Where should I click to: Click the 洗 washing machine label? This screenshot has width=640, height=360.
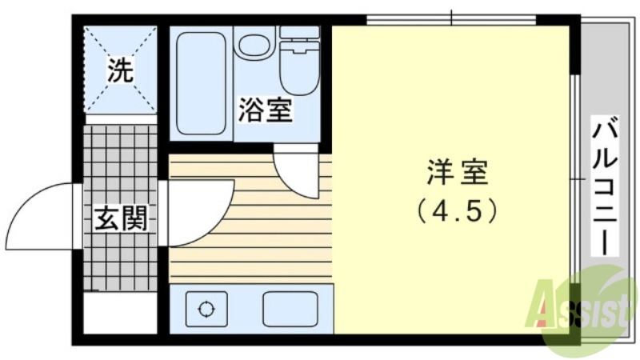[x=120, y=71]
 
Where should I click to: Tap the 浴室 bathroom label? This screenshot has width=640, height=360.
[x=264, y=111]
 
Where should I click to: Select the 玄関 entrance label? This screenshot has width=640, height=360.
[x=122, y=218]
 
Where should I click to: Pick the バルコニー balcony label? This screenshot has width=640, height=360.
[x=606, y=185]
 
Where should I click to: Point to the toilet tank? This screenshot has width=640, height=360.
[x=299, y=34]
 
